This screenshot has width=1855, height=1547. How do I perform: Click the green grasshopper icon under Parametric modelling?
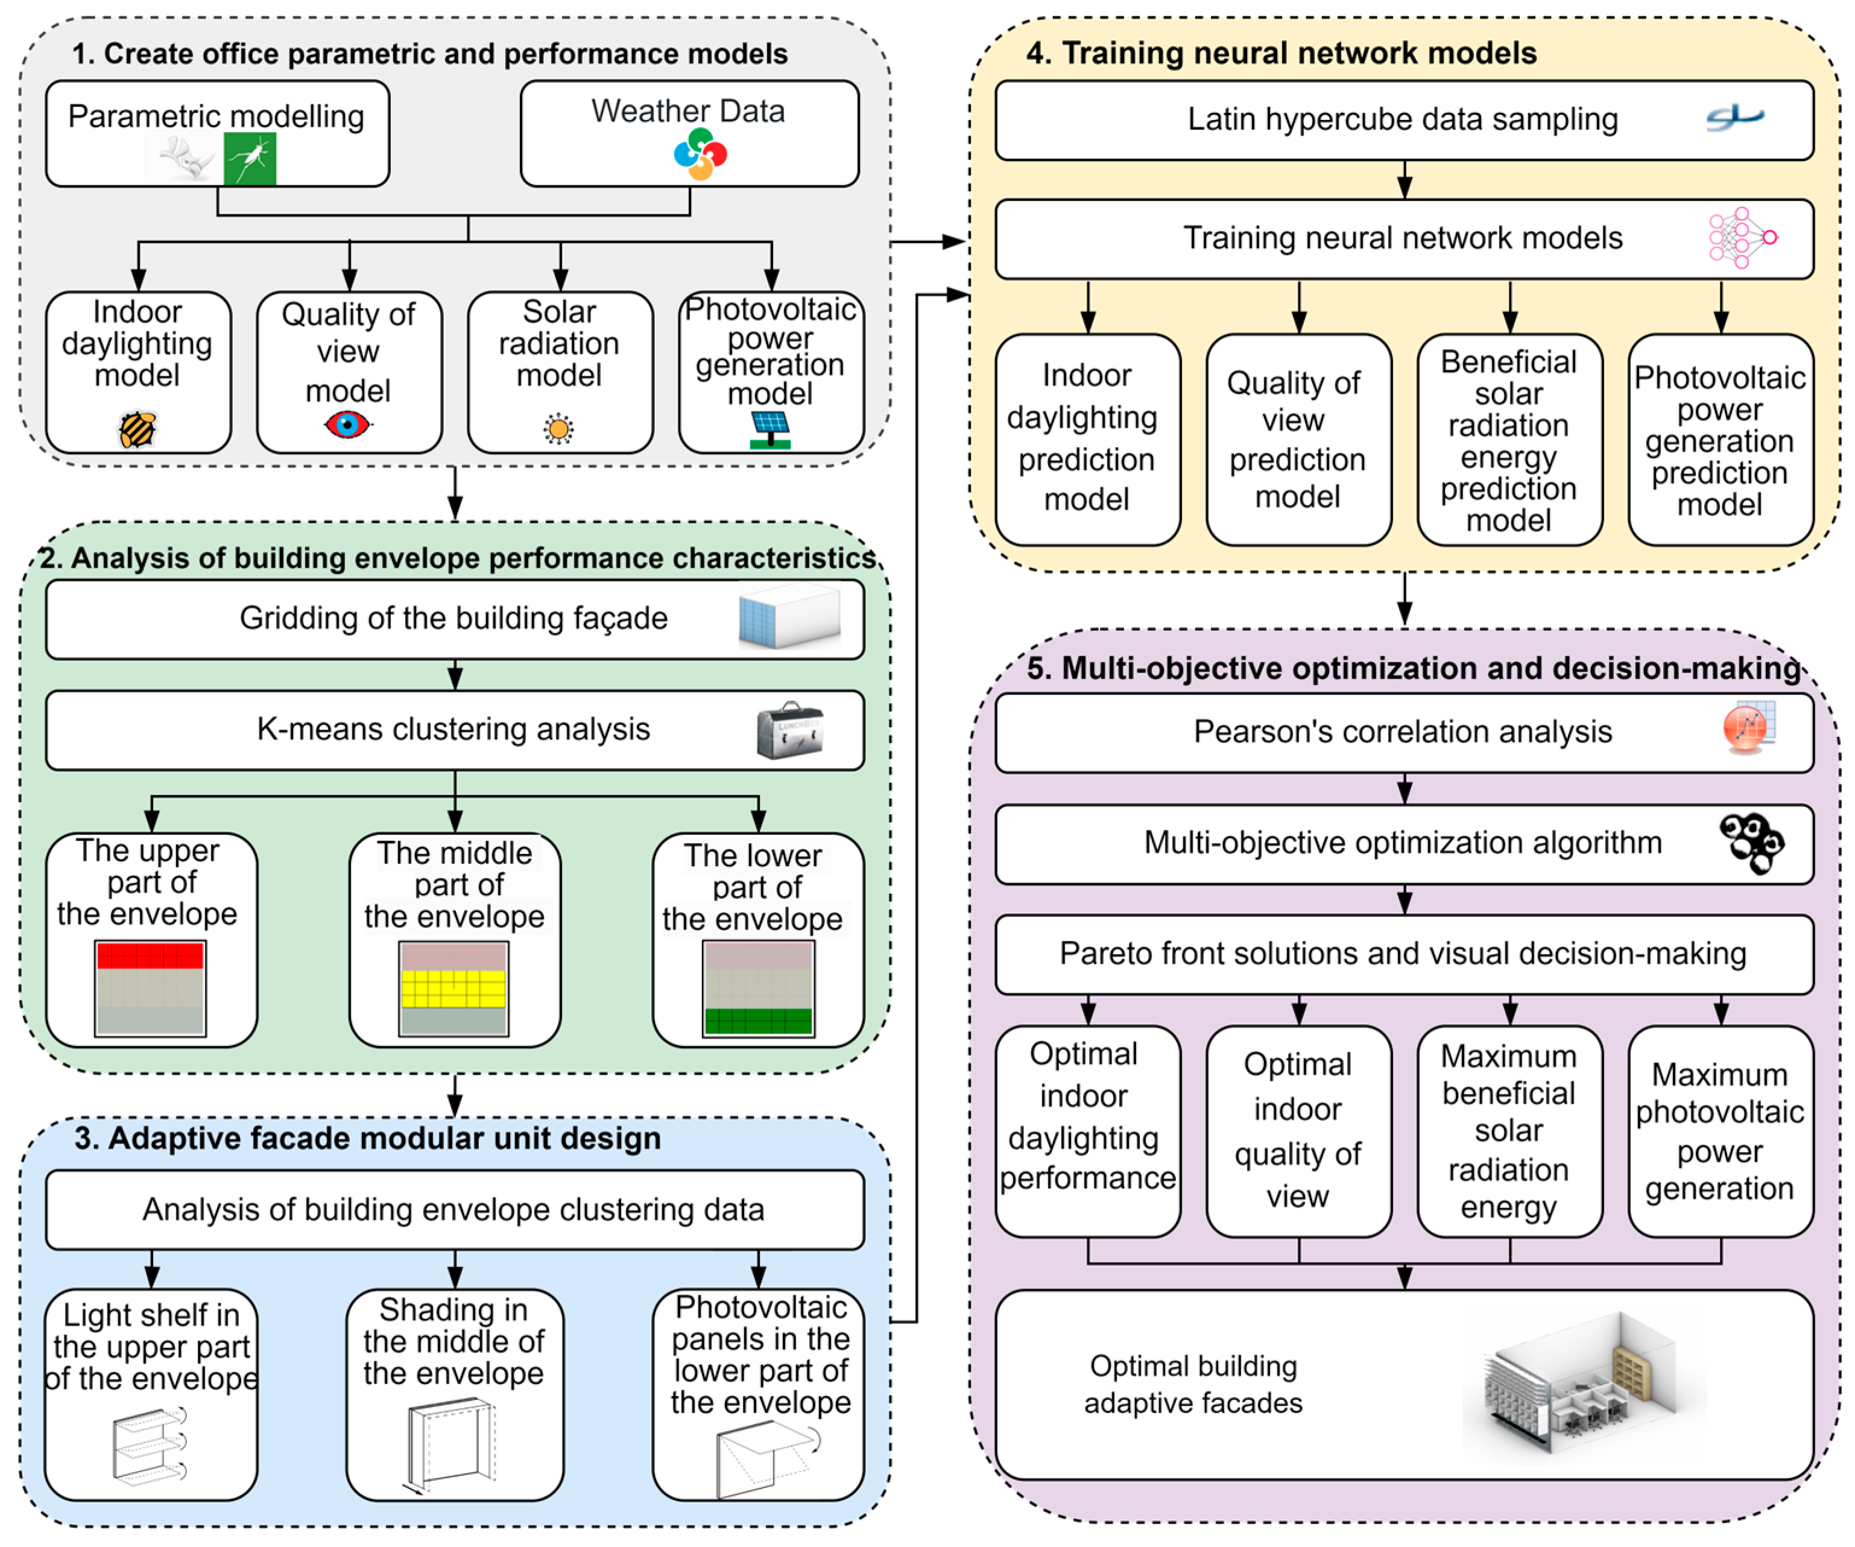click(250, 159)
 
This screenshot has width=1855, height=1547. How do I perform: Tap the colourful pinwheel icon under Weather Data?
click(700, 154)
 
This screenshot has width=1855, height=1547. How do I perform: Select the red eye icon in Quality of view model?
click(347, 425)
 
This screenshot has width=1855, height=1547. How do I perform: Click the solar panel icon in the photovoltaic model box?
click(770, 429)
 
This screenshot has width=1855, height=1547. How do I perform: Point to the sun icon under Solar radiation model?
click(558, 429)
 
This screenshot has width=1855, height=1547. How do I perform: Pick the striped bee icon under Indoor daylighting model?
click(138, 429)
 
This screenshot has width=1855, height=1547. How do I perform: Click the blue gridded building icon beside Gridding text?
click(789, 616)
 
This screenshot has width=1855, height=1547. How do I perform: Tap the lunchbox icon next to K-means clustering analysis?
click(789, 730)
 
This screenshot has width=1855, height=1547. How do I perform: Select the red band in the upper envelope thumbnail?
click(150, 956)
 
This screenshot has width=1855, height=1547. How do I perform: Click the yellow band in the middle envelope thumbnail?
click(453, 989)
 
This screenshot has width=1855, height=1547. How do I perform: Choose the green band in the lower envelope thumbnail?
click(758, 1020)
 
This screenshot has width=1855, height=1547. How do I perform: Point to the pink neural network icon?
click(1741, 238)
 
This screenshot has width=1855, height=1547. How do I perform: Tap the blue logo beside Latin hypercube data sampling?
click(1734, 118)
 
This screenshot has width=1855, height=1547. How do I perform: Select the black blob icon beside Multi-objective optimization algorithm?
click(1751, 842)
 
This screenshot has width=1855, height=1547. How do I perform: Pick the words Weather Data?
click(687, 112)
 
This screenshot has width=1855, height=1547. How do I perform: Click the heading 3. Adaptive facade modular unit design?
click(367, 1138)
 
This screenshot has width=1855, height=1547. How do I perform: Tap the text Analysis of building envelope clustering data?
click(453, 1209)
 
